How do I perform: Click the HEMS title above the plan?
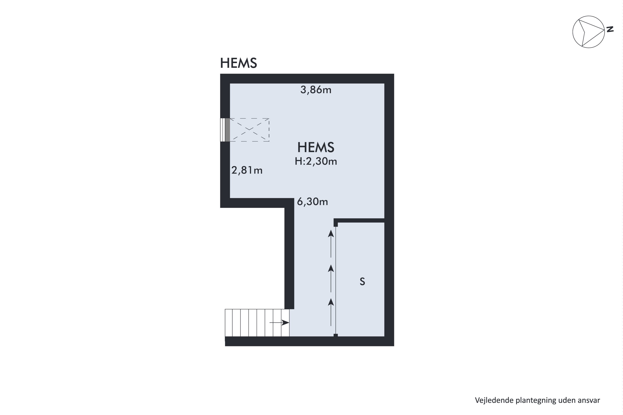point(238,63)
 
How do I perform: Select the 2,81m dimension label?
point(247,170)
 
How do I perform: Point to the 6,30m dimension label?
point(312,202)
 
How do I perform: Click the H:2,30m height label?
point(316,161)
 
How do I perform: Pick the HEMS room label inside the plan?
point(316,147)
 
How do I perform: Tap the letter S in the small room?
point(362,282)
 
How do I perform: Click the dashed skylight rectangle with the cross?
point(249,130)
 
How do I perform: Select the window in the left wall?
point(225,130)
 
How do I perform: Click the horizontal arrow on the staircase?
point(279,323)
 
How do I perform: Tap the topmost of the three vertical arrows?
point(331,243)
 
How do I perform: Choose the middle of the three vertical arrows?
point(331,278)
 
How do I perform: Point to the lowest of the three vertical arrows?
point(331,312)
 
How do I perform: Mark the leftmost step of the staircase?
point(229,323)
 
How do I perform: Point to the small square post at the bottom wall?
point(336,335)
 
